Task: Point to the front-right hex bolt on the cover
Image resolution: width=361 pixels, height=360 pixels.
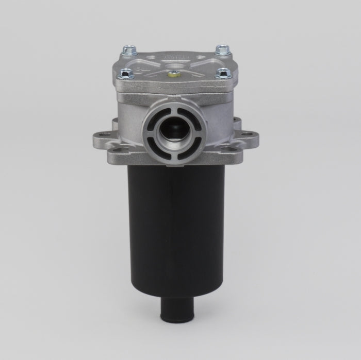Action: tap(222, 73)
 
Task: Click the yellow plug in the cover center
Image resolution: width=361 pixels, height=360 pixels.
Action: tap(174, 73)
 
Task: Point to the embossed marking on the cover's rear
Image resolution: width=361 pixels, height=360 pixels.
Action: tap(174, 54)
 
